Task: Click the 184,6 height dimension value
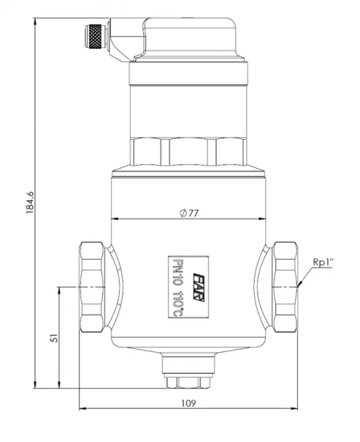tap(30, 203)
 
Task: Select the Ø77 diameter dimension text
tap(189, 213)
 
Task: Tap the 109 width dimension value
tap(188, 403)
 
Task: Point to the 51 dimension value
tap(54, 338)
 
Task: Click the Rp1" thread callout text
tap(323, 262)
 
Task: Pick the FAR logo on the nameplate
tap(198, 287)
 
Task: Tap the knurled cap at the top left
tap(96, 36)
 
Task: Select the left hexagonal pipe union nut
tap(92, 287)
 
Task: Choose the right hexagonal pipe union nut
tap(285, 287)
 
